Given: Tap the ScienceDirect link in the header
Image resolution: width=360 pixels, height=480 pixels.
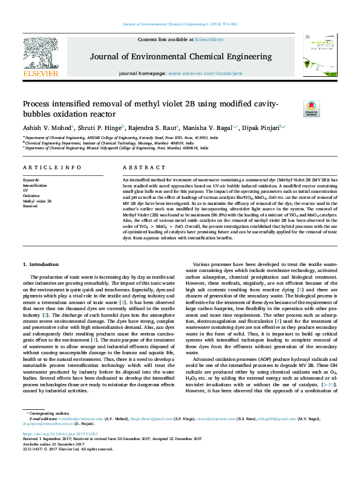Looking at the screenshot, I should tap(209, 39).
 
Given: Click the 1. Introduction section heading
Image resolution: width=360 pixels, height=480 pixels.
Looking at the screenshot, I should tap(42, 265).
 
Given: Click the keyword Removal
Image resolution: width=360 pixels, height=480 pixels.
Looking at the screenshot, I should tap(30, 206).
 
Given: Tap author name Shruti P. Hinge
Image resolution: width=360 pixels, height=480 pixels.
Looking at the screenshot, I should tap(100, 128).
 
